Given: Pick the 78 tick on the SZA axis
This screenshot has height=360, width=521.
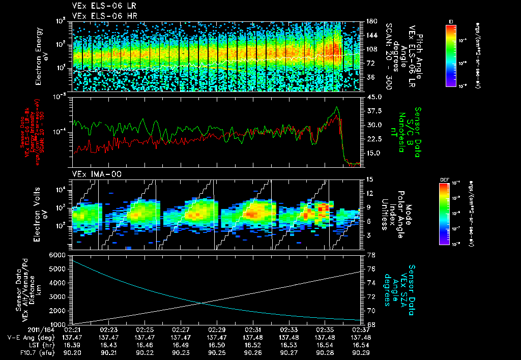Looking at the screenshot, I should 371,255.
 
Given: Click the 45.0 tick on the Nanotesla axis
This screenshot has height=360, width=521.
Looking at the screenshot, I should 374,97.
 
